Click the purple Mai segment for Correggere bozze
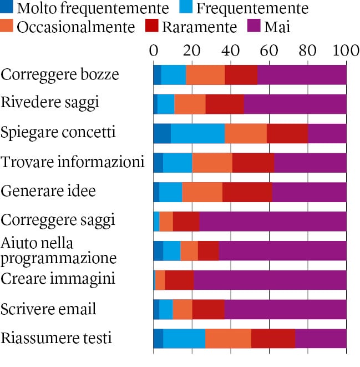pyautogui.click(x=302, y=74)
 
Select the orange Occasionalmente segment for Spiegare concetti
pyautogui.click(x=246, y=133)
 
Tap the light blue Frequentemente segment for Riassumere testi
pyautogui.click(x=184, y=339)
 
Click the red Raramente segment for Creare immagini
pyautogui.click(x=179, y=280)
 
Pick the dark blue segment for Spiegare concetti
pyautogui.click(x=162, y=133)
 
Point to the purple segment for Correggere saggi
pyautogui.click(x=273, y=221)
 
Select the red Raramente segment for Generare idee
pyautogui.click(x=247, y=192)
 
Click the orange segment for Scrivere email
pyautogui.click(x=182, y=309)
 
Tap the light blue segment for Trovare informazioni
pyautogui.click(x=178, y=162)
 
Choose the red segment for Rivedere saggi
pyautogui.click(x=225, y=104)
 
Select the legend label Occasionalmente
pyautogui.click(x=76, y=27)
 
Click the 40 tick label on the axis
pyautogui.click(x=230, y=50)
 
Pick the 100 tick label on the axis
pyautogui.click(x=344, y=50)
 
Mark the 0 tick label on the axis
pyautogui.click(x=154, y=50)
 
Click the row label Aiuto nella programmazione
pyautogui.click(x=59, y=251)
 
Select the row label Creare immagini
pyautogui.click(x=58, y=279)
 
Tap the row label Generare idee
pyautogui.click(x=48, y=191)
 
